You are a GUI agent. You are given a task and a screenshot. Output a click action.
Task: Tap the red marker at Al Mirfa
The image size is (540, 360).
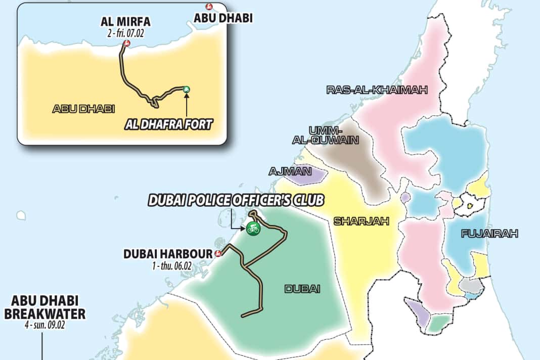(126, 43)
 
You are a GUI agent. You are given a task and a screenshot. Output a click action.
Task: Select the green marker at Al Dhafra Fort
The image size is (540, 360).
(187, 89)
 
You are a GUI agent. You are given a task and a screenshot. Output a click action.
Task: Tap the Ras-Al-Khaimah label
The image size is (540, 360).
(377, 90)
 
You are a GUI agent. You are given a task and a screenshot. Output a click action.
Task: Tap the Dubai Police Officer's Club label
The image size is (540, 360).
(236, 201)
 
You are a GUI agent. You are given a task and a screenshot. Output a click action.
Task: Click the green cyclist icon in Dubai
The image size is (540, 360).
(253, 229)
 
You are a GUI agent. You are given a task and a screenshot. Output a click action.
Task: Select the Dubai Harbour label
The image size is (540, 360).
(168, 254)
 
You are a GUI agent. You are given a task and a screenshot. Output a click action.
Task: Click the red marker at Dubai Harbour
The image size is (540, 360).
(218, 254)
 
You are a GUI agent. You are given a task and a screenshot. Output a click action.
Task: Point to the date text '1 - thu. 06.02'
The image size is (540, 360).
(168, 264)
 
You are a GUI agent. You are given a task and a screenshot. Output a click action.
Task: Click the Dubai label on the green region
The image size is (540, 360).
(302, 289)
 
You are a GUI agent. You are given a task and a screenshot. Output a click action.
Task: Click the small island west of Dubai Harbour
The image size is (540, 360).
(21, 216)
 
